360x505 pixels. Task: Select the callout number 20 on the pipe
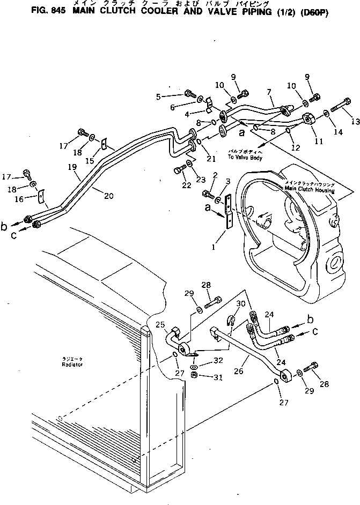pyautogui.click(x=108, y=196)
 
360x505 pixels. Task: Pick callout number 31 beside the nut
pyautogui.click(x=218, y=377)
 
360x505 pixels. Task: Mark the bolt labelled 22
pyautogui.click(x=178, y=172)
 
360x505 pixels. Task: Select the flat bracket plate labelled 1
pyautogui.click(x=229, y=210)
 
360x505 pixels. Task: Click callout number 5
pyautogui.click(x=158, y=96)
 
